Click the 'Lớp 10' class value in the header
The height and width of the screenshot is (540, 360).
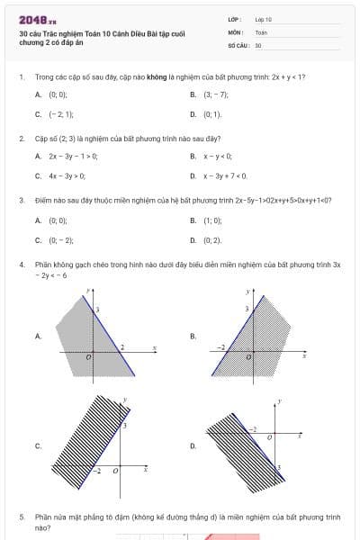pyautogui.click(x=263, y=19)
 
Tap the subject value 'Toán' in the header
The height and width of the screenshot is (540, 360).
pyautogui.click(x=261, y=31)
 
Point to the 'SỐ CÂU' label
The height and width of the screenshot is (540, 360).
pyautogui.click(x=237, y=44)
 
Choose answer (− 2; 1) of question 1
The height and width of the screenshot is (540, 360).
pyautogui.click(x=61, y=114)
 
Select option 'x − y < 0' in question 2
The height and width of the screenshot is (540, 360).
pyautogui.click(x=218, y=157)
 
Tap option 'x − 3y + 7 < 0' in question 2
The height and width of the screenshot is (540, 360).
pyautogui.click(x=225, y=176)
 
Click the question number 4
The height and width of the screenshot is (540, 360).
pyautogui.click(x=21, y=265)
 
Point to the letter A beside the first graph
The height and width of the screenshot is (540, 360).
pyautogui.click(x=38, y=336)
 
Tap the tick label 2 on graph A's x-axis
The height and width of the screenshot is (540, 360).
pyautogui.click(x=122, y=346)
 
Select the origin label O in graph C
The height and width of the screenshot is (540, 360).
pyautogui.click(x=113, y=471)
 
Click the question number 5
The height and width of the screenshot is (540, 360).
pyautogui.click(x=21, y=517)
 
